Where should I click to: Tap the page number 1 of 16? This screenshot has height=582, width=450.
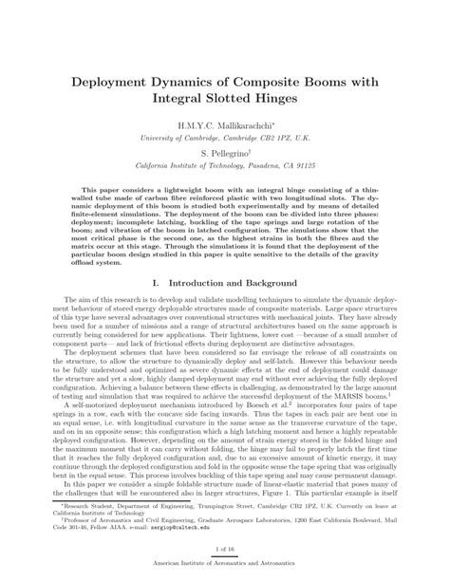coord(225,549)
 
